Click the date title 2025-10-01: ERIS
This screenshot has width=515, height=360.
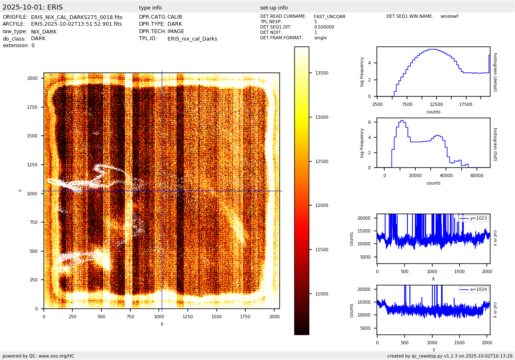tap(33, 7)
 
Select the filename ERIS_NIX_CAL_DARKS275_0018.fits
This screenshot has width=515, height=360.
tap(77, 17)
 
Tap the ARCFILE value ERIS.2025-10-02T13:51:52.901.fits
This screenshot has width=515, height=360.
tap(76, 24)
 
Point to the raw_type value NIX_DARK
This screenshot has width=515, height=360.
tap(43, 32)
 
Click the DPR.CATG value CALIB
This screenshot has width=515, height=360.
tap(175, 17)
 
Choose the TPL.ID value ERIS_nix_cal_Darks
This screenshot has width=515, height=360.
tap(192, 39)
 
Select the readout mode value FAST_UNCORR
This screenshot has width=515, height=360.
tap(329, 17)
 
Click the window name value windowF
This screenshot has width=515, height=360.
tap(449, 17)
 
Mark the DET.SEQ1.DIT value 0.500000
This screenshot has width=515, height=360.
tap(324, 27)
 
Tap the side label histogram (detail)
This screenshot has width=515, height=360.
tap(495, 72)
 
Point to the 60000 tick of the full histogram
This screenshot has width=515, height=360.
tap(477, 175)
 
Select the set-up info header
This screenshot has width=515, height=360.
tap(274, 8)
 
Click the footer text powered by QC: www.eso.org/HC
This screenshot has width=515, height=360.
tap(38, 356)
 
